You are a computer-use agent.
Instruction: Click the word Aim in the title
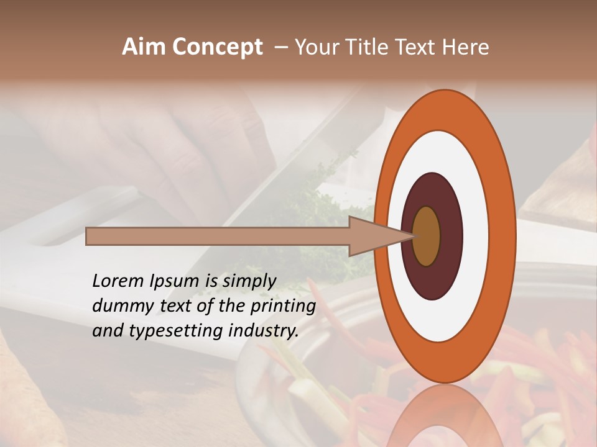click(x=144, y=47)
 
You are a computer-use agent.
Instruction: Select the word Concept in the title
click(x=217, y=47)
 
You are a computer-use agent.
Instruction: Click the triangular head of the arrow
click(x=373, y=236)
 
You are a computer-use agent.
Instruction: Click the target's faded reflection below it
click(x=445, y=416)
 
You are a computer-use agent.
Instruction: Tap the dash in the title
click(x=280, y=47)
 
